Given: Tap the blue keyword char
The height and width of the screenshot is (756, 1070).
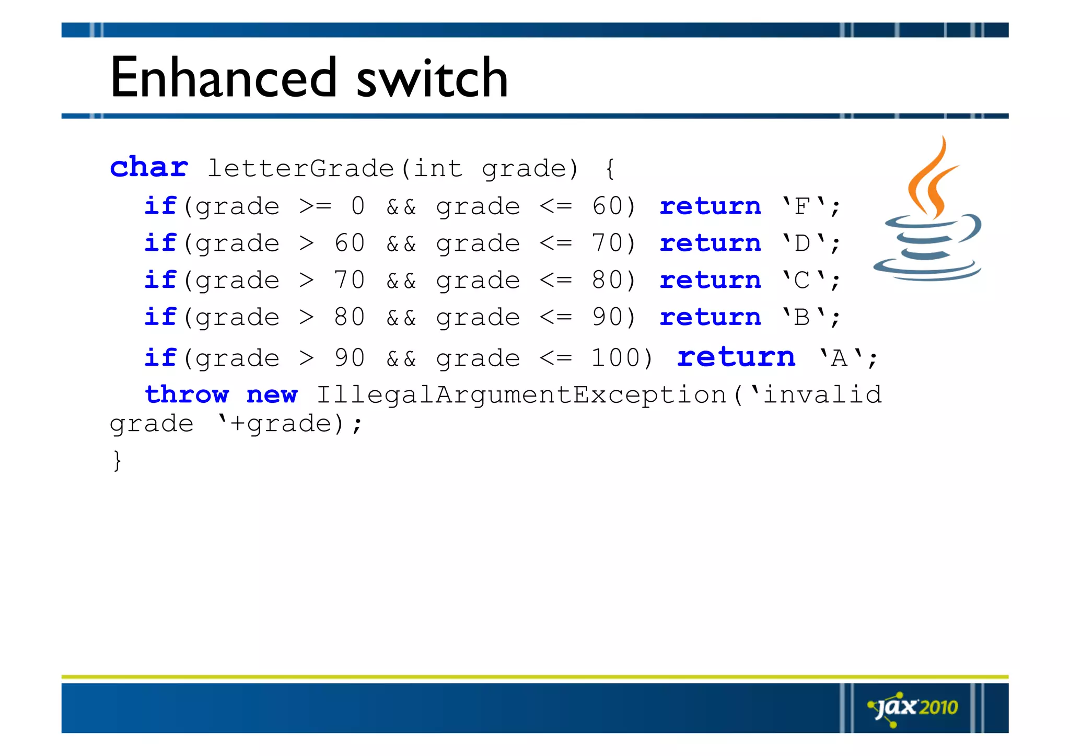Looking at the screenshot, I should click(149, 167).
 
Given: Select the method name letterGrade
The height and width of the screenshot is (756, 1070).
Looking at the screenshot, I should click(300, 168).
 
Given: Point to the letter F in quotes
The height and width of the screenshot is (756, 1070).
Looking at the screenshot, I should click(802, 206).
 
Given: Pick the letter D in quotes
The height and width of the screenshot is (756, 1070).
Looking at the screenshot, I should click(802, 243).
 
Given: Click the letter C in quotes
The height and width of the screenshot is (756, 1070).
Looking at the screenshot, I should click(802, 281).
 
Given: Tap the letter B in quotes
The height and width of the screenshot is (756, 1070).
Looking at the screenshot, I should click(802, 318).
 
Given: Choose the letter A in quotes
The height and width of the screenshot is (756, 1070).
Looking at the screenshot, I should click(839, 358).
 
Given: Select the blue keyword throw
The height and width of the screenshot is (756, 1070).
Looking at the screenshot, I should click(187, 394).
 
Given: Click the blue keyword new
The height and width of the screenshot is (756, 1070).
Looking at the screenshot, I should click(272, 396).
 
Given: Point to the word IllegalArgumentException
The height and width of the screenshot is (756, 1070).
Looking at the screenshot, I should click(521, 396).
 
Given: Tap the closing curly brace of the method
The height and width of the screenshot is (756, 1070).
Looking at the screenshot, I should click(117, 460).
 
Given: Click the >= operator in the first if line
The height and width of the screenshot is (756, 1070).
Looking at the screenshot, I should click(315, 206).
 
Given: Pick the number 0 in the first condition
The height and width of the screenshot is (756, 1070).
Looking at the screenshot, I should click(358, 206).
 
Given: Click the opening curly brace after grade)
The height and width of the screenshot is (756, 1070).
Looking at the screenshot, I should click(610, 168).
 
